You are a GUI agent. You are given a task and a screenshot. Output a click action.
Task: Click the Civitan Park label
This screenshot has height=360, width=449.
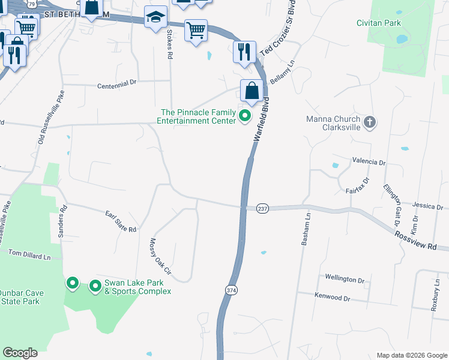[x=394, y=23]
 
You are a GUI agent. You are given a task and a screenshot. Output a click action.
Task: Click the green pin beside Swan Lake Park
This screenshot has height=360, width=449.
[x=95, y=286]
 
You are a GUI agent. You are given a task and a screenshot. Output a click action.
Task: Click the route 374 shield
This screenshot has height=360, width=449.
[x=231, y=290]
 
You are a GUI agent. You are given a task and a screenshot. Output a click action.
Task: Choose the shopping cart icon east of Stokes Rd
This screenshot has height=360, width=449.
[x=196, y=30]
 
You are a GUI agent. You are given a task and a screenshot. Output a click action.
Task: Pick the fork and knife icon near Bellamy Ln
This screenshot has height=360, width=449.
[x=244, y=52]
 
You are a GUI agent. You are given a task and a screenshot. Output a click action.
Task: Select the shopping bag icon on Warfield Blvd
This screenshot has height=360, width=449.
[x=252, y=91]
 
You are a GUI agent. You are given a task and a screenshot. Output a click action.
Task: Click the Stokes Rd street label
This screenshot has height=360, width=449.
[x=170, y=44]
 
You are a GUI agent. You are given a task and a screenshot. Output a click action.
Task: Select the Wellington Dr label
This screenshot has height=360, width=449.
[x=345, y=279]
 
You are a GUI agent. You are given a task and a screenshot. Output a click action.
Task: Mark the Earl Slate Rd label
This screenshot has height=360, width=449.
[x=121, y=221]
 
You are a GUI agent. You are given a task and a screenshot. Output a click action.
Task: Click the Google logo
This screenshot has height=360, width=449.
[x=20, y=352]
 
